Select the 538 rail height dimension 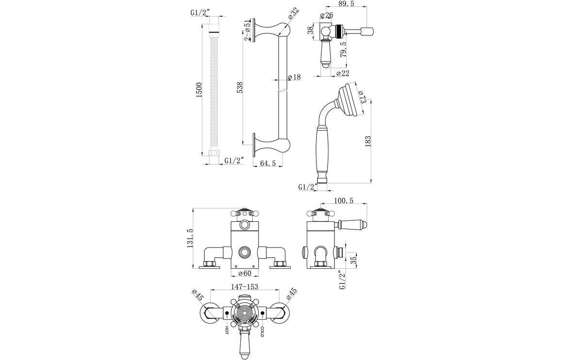click(x=239, y=87)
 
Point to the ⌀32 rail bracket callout click(x=293, y=14)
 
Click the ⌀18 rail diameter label click(x=294, y=77)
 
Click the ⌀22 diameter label click(x=343, y=73)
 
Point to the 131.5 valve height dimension click(x=190, y=238)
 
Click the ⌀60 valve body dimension click(x=245, y=273)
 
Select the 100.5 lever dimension click(x=344, y=201)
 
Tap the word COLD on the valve click(x=262, y=332)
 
